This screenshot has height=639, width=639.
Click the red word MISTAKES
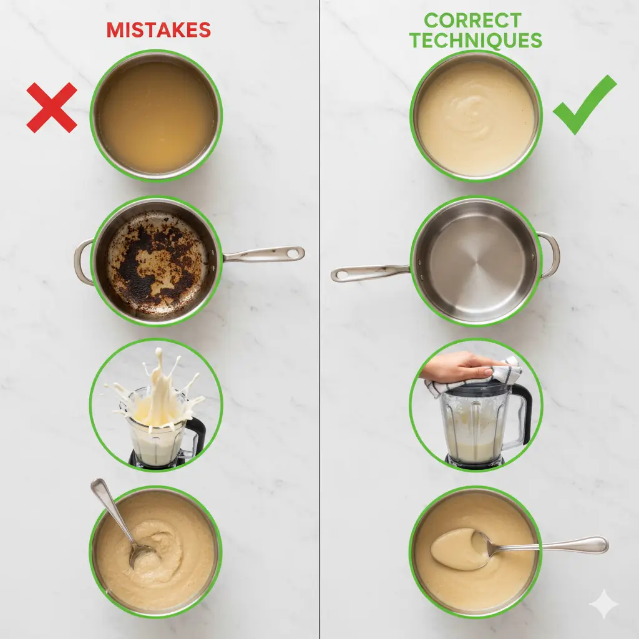[158, 30]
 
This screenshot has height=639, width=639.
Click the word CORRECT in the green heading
[472, 21]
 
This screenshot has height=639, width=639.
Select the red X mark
[51, 107]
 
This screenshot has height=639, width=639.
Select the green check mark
[583, 105]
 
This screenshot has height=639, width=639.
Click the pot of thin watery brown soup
[156, 116]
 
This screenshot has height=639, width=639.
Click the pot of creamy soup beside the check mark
[476, 117]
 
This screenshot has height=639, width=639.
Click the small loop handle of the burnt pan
[83, 262]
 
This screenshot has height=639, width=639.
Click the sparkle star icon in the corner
[603, 604]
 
